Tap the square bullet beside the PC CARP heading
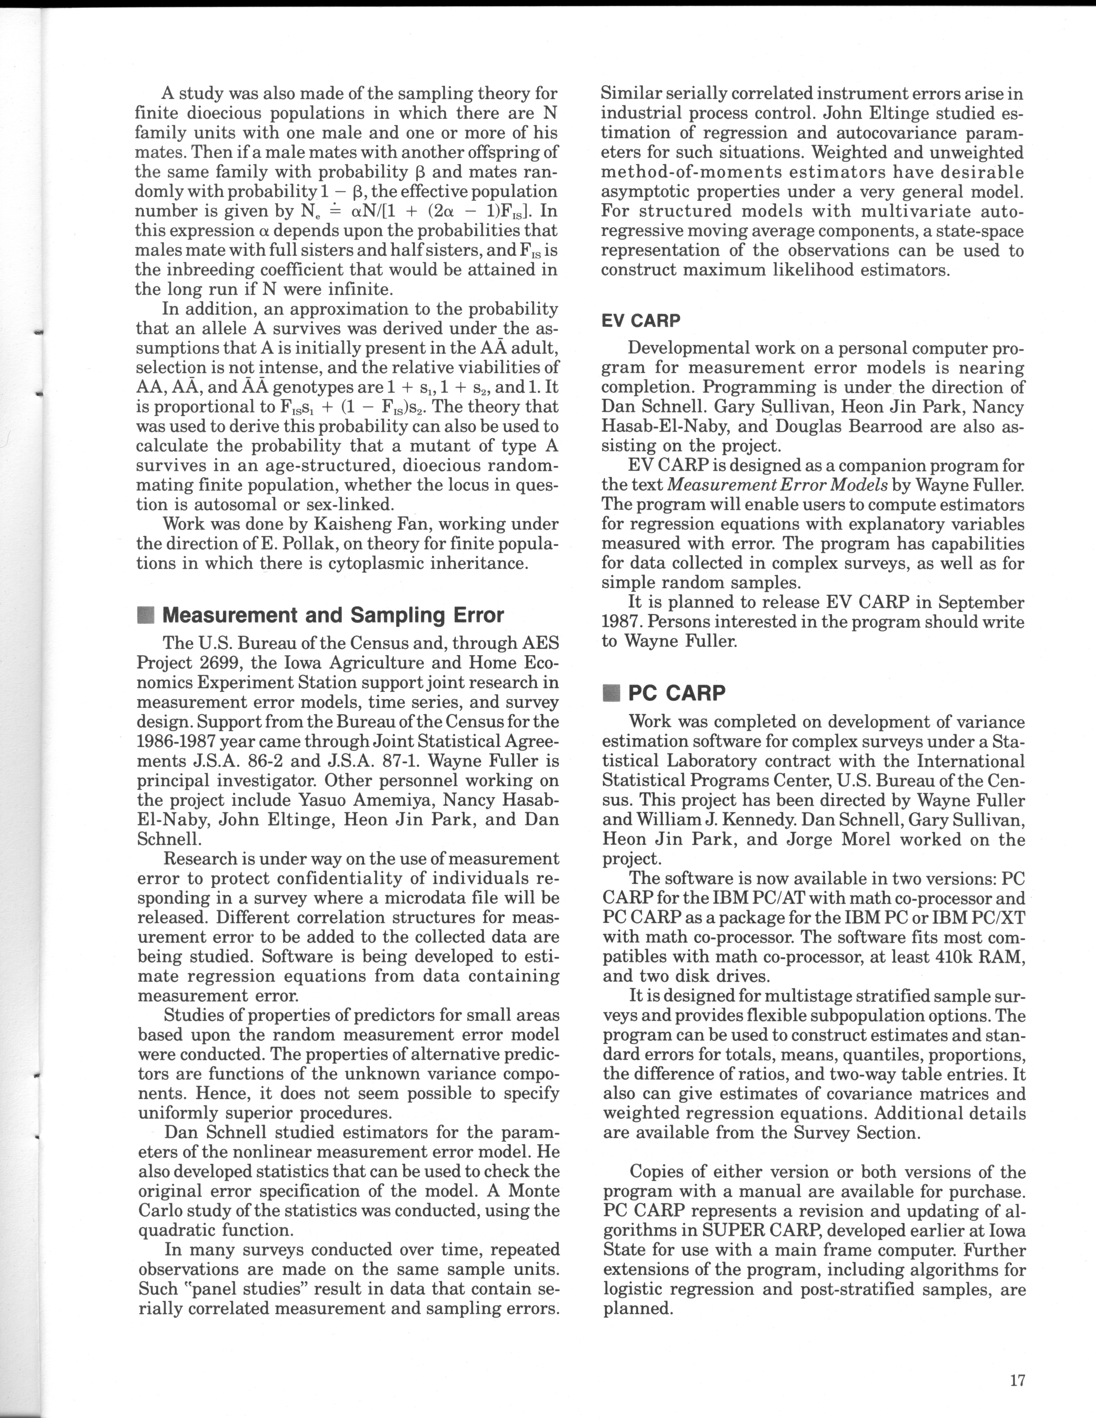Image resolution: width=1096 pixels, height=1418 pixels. pyautogui.click(x=612, y=693)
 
